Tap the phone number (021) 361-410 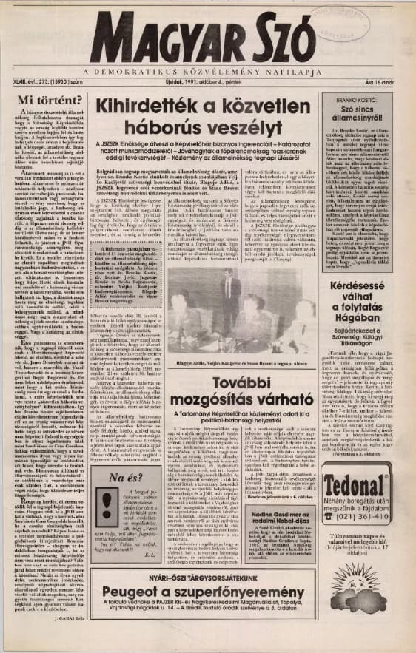364,516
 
